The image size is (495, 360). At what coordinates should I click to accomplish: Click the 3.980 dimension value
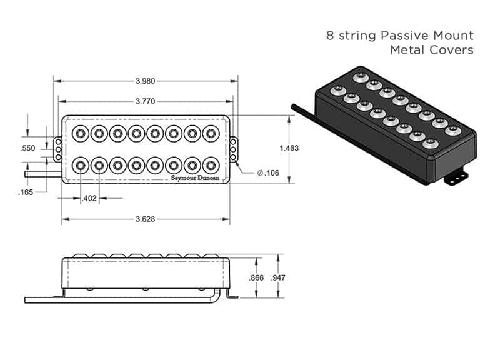pos(145,81)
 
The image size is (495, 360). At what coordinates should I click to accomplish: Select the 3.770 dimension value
pos(145,100)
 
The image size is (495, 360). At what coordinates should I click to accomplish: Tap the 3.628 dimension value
pos(145,219)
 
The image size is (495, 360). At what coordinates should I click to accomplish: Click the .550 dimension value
pos(27,148)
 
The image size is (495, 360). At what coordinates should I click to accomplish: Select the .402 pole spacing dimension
pos(90,199)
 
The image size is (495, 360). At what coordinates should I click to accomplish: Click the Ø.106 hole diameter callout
pos(267,173)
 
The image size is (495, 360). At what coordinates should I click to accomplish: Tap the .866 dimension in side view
pos(256,277)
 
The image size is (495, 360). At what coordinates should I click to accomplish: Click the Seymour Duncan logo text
pos(196,177)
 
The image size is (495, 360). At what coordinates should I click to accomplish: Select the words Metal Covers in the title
pos(432,50)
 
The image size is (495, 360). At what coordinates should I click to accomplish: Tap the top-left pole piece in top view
pos(81,133)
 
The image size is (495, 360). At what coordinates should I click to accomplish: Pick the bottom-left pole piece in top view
pos(81,166)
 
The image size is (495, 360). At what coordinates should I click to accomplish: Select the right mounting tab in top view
pos(234,149)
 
